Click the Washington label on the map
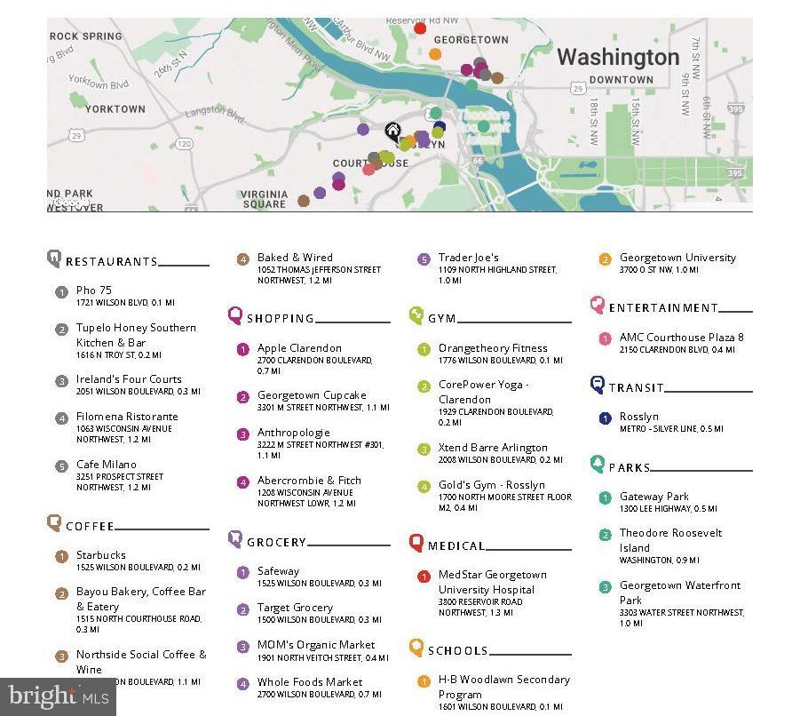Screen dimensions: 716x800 617,58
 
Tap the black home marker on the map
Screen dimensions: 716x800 392,132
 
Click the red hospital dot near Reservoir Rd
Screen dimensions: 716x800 420,28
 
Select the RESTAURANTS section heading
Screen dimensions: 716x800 111,261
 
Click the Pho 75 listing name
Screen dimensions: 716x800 94,290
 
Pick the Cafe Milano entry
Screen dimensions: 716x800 107,465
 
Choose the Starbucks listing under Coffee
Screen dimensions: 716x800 101,555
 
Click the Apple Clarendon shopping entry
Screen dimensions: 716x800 299,348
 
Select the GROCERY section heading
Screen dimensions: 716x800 276,542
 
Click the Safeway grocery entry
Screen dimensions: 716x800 278,571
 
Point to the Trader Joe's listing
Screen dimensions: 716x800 469,259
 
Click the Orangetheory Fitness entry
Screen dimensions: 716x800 493,348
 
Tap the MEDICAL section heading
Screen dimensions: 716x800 456,545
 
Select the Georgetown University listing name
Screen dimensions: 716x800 677,258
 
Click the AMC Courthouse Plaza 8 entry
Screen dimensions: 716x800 682,338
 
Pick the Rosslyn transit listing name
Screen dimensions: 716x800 639,417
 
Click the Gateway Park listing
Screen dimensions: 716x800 654,497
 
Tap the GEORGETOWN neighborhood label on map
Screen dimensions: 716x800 471,40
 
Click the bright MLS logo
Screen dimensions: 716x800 58,696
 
